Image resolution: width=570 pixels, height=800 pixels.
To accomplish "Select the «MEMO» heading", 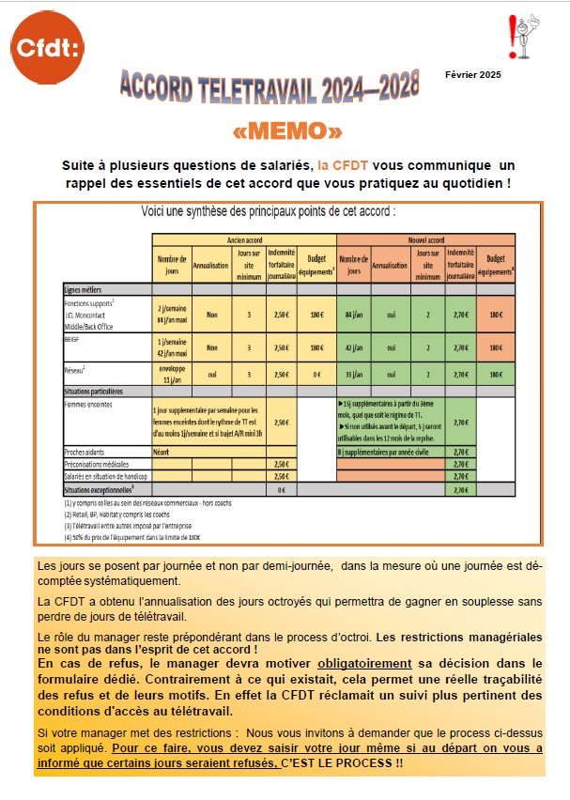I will point(286,130).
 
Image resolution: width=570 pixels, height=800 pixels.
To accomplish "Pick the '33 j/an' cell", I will point(353,374).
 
